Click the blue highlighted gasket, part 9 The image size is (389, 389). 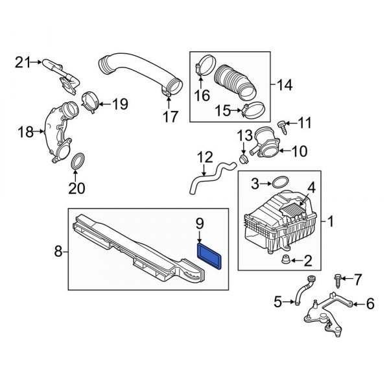(x=211, y=252)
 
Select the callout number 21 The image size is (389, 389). (x=23, y=62)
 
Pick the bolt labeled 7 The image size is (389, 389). (x=338, y=279)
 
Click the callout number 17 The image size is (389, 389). (x=170, y=117)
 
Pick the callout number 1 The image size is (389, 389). (x=331, y=224)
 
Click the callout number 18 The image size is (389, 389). (x=24, y=132)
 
